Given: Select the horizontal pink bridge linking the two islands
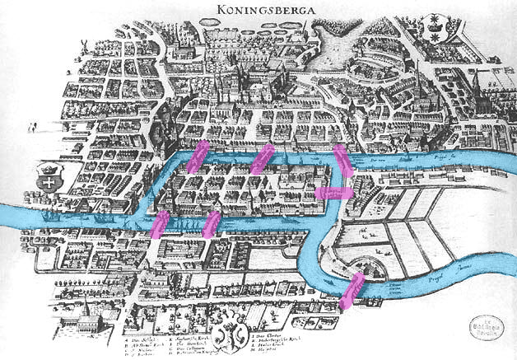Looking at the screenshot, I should pos(334,194).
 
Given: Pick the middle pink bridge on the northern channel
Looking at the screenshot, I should pos(262,160).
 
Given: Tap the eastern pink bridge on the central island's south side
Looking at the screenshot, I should pos(212,224).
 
